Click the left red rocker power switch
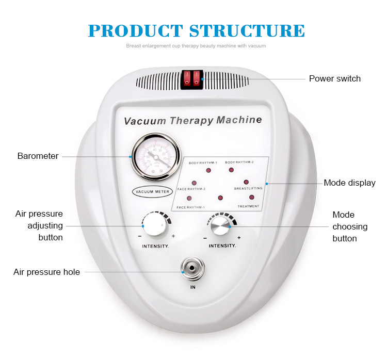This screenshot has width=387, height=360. coord(187,78)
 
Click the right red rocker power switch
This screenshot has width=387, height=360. coord(197,78)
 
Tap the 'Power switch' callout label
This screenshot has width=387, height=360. coord(334,78)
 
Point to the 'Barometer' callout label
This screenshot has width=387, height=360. coord(38,156)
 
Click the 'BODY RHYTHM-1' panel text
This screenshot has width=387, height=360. coord(203,162)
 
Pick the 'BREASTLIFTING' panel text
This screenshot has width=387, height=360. coord(248,189)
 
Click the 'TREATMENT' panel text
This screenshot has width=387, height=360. coord(248,206)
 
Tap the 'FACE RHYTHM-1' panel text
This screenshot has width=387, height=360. coord(190,207)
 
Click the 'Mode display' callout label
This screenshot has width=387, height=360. coord(349,183)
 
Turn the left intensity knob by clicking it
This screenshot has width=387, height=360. coord(153,225)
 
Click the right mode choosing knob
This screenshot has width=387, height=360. coord(221,225)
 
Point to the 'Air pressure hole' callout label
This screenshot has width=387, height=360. coord(46,272)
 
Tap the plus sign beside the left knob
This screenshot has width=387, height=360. coord(173,236)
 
